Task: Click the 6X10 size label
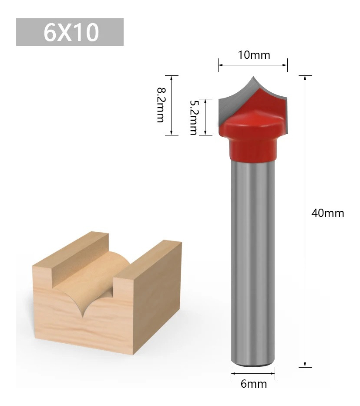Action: (71, 32)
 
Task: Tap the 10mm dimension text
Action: (254, 55)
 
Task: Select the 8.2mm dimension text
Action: (161, 105)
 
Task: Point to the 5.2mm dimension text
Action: (194, 117)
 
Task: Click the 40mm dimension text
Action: (328, 213)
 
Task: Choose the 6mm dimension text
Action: (254, 384)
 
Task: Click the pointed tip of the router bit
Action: (253, 76)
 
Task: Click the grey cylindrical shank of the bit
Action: (252, 261)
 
